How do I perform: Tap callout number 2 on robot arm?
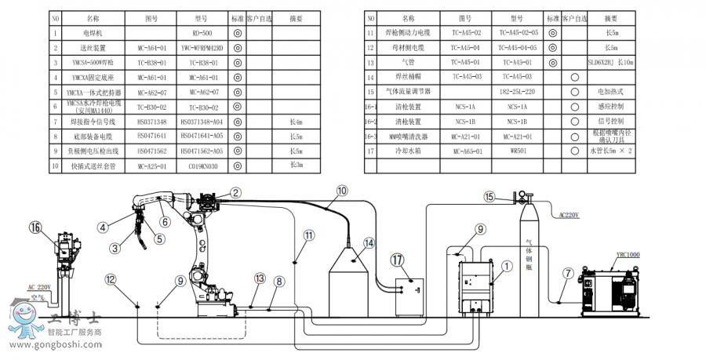pyautogui.click(x=235, y=192)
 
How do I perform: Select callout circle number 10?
pyautogui.click(x=342, y=190)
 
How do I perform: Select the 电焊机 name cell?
pyautogui.click(x=93, y=34)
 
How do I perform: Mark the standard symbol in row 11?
pyautogui.click(x=553, y=33)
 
